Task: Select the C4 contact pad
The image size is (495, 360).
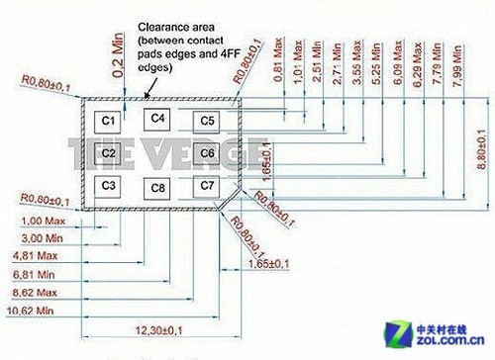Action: coord(156,119)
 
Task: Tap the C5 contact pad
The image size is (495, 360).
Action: coord(207,122)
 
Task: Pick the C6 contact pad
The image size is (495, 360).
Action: coord(207,153)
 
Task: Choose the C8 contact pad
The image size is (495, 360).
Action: coord(156,188)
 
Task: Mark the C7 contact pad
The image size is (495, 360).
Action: coord(207,185)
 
